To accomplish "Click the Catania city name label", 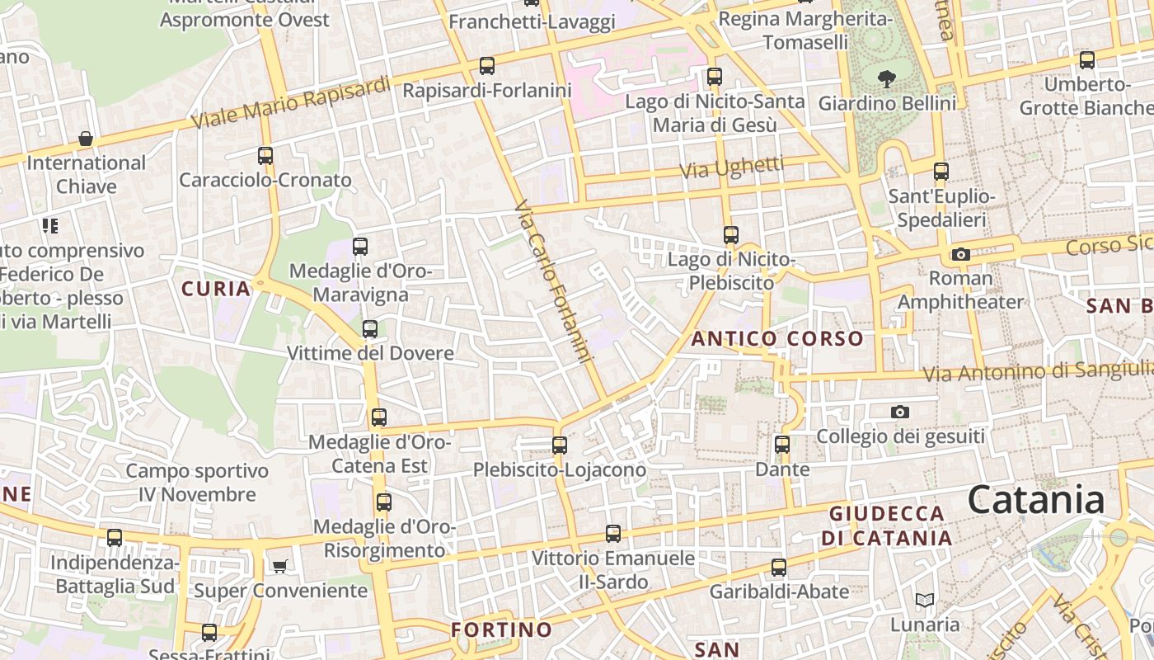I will click(1035, 500).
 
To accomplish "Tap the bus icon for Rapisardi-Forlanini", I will click(487, 65).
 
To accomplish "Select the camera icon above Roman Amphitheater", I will click(960, 254).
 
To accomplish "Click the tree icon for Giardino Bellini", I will click(887, 79).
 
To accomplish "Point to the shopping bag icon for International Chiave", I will click(85, 138).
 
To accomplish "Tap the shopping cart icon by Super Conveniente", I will click(279, 566).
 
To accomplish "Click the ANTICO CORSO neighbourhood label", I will click(776, 338).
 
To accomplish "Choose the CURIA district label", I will click(216, 289).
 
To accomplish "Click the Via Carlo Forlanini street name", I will click(555, 281).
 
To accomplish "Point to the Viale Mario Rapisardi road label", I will click(291, 103).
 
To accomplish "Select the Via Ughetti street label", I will click(732, 167).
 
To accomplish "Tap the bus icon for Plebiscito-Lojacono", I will click(560, 445).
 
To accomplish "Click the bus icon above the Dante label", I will click(782, 445).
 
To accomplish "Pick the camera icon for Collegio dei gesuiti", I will click(900, 412).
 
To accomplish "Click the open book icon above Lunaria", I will click(925, 600).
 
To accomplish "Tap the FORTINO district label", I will click(501, 629).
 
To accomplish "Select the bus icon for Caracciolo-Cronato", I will click(265, 155).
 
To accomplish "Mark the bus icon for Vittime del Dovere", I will click(370, 328).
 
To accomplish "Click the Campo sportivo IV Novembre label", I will click(198, 483).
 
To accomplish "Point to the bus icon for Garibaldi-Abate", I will click(779, 568).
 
